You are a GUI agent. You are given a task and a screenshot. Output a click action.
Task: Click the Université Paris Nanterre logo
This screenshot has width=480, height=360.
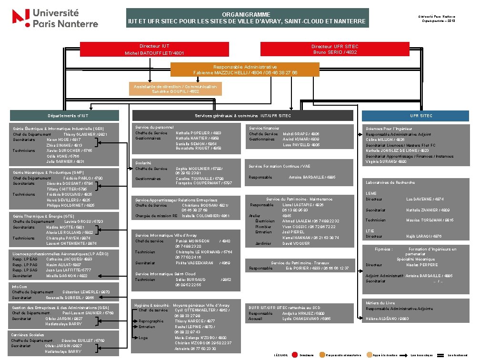coord(55,18)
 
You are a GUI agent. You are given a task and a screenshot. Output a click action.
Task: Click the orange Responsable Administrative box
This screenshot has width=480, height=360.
coord(245,70)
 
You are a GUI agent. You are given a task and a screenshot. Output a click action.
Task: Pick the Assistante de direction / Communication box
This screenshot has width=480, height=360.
coord(175,89)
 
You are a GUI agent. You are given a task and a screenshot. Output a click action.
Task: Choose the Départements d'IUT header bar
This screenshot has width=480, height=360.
coord(65,116)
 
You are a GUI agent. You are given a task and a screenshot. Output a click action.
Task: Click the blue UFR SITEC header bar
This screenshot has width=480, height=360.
coord(421,116)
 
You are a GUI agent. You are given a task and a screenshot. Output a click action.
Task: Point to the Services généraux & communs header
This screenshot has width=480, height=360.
coord(243,116)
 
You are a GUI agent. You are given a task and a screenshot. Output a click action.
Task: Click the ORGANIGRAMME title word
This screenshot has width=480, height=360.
coord(246,15)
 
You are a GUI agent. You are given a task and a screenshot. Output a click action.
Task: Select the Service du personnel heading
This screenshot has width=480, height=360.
coord(154,128)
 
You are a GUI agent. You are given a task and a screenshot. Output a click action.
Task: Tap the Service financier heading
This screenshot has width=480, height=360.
coord(264,128)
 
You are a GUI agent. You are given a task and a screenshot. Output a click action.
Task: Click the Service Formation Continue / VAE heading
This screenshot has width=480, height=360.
coord(280,166)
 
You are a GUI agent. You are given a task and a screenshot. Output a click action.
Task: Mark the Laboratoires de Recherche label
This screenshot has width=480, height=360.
coord(390,182)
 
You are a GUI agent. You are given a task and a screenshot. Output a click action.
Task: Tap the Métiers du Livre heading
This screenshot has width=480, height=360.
coord(380,303)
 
